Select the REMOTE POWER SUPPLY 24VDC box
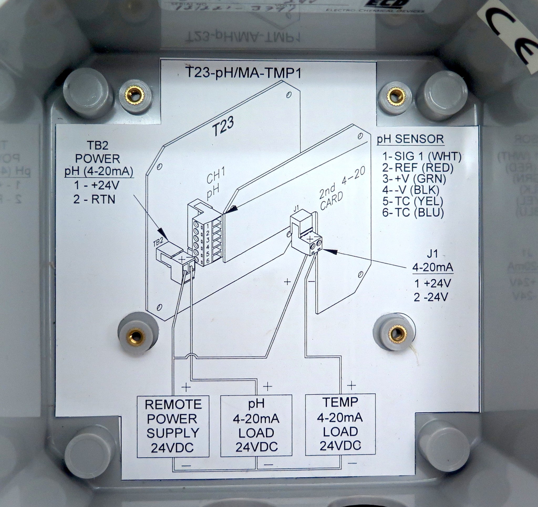click(173, 426)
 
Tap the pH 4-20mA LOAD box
click(256, 426)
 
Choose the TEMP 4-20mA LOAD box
click(340, 424)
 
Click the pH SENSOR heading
click(410, 139)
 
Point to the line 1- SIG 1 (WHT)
click(422, 156)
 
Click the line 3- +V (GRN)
click(414, 179)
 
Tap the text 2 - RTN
click(94, 200)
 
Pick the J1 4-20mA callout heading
click(432, 261)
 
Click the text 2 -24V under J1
click(431, 298)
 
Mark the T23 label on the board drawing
click(223, 128)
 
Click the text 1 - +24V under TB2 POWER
click(96, 185)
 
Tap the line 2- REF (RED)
click(418, 168)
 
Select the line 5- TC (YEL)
click(413, 201)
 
